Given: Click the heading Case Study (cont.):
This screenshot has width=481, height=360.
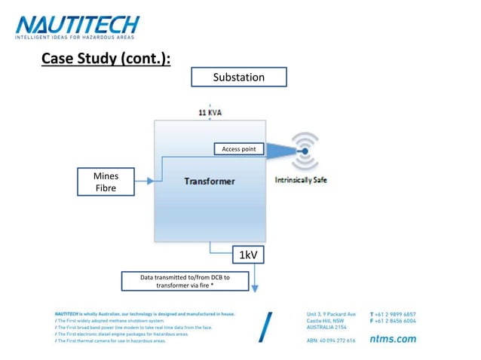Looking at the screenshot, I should (106, 59).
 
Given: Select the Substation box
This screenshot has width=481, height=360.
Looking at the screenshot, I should (238, 77).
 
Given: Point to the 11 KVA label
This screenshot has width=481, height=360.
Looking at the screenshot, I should (210, 112).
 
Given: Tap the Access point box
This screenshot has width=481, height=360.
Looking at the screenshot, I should (238, 149).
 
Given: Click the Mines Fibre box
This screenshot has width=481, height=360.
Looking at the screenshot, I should (106, 182).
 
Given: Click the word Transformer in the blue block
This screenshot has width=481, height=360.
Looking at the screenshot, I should (210, 181).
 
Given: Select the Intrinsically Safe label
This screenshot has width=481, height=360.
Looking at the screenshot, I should (301, 180).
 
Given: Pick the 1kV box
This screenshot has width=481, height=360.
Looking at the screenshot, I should (249, 255).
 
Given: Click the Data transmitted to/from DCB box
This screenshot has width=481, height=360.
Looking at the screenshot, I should (185, 282).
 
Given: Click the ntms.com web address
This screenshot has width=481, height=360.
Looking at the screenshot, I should (393, 339).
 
